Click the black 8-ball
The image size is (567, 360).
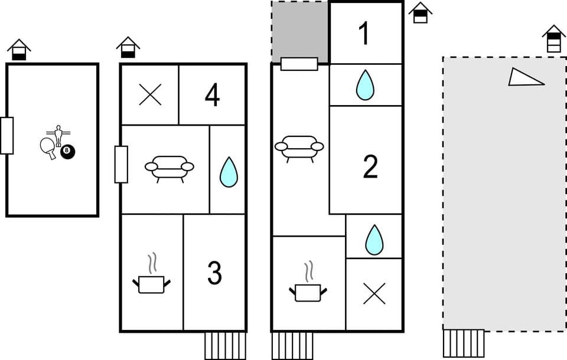pos(67,152)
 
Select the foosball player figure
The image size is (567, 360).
pos(58,135)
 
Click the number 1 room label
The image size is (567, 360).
pos(364,34)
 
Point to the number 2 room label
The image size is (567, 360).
pos(370,167)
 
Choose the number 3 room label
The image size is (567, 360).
pos(214,273)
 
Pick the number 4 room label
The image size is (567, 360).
pos(212,96)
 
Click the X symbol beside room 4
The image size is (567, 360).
pos(150,95)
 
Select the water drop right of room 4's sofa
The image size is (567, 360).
pos(229,172)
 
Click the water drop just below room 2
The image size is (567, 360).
pos(374,240)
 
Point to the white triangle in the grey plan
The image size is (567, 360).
pos(524,77)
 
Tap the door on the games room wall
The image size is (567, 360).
pos(6,136)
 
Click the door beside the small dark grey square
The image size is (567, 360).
pos(299,64)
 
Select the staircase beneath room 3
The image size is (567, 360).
pos(225,345)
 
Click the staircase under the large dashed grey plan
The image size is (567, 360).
pos(464,343)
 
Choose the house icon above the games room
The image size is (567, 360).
pos(19,50)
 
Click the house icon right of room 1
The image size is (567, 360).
pos(420,12)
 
